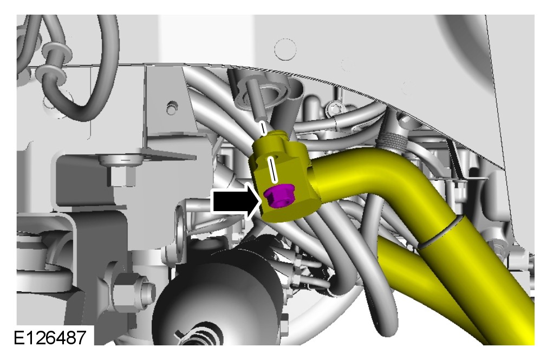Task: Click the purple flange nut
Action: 278,196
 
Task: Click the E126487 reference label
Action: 50,337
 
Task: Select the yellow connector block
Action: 282,176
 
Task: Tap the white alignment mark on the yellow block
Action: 272,170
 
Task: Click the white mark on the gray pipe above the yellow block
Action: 262,128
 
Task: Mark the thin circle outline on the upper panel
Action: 285,49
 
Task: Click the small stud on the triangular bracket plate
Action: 171,107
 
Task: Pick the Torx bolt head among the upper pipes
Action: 333,108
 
